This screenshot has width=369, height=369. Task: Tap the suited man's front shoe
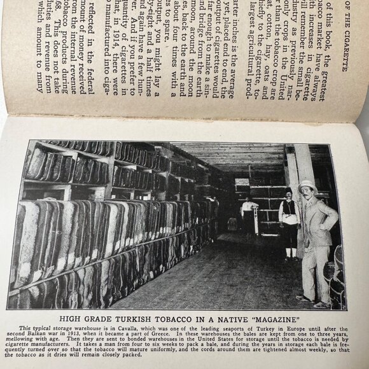[305, 298]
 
